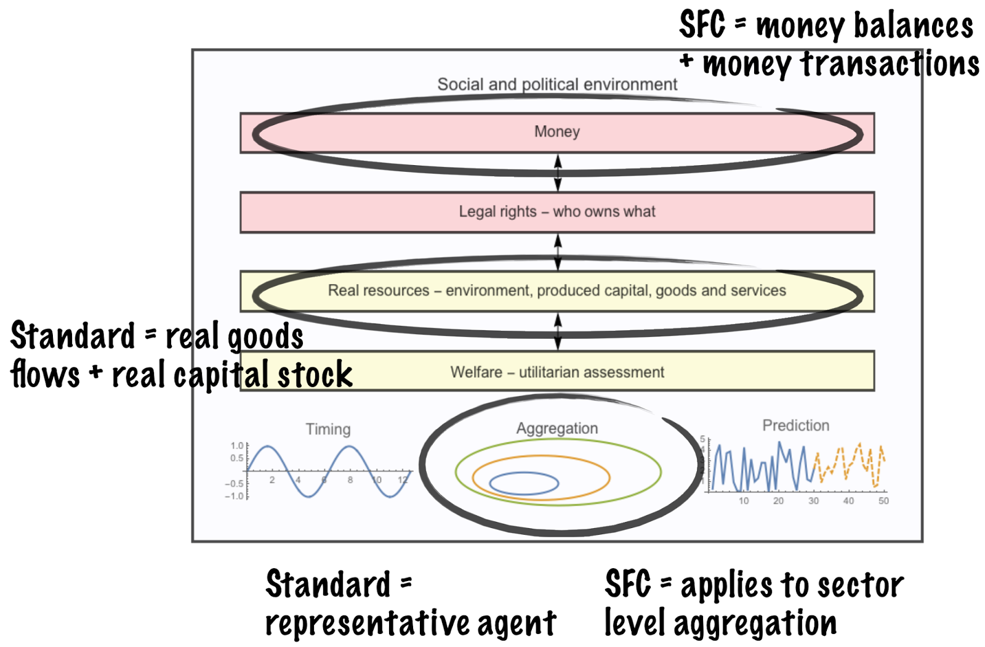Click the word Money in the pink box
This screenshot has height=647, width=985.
[x=557, y=131]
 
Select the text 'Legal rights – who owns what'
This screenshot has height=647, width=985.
[x=557, y=211]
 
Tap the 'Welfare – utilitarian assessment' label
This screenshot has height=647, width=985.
[x=557, y=372]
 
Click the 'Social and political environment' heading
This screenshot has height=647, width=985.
[x=557, y=84]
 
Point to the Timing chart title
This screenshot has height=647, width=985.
[x=328, y=429]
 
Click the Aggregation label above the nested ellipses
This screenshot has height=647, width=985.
[x=557, y=428]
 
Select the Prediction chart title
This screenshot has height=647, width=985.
[x=795, y=425]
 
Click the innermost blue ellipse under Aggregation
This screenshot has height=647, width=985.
[x=524, y=484]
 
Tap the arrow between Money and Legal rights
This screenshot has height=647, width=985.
[x=558, y=173]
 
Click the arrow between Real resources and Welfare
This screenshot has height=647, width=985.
[x=558, y=332]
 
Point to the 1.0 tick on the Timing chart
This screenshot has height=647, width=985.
[x=237, y=446]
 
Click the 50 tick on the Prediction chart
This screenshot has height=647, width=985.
[x=883, y=501]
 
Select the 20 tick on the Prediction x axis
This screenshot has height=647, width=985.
[x=778, y=501]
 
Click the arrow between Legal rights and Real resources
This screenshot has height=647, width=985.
[x=558, y=251]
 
